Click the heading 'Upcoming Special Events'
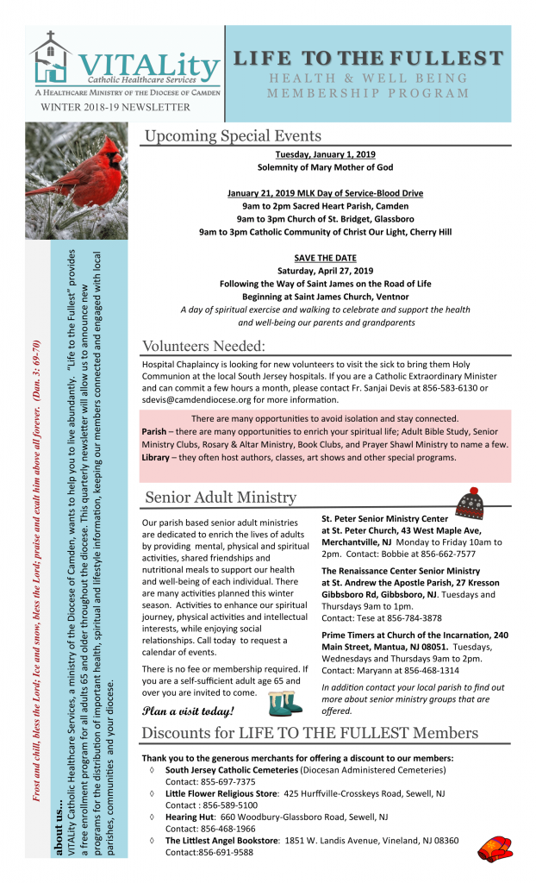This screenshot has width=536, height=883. [x=233, y=135]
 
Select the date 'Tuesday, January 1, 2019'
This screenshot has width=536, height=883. [x=325, y=154]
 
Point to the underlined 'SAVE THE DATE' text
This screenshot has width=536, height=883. [x=325, y=259]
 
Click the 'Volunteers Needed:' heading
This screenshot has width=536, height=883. [x=204, y=347]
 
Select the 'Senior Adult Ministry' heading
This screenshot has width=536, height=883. [x=221, y=498]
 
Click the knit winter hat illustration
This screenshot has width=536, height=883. [x=470, y=502]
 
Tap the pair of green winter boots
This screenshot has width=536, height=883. [x=286, y=703]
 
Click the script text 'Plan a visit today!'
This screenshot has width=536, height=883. [x=187, y=711]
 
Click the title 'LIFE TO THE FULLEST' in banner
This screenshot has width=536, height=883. [x=368, y=59]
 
